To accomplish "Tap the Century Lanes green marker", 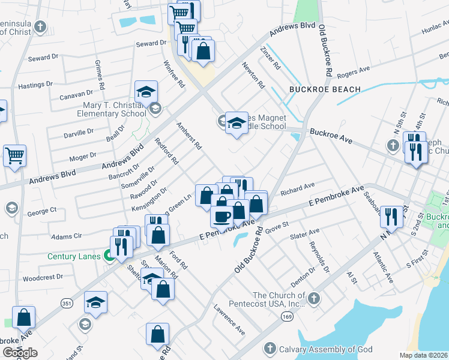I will pos(110,257).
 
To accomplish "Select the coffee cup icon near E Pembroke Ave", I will pos(221,216).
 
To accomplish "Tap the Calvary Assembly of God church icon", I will pos(270,349).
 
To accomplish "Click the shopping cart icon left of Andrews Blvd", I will pos(14,155).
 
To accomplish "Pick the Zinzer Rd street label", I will pos(270,58).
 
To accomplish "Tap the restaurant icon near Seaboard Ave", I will pos(391,217).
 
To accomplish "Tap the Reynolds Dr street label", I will pos(319,257).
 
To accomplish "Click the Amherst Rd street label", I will pos(189,137).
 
